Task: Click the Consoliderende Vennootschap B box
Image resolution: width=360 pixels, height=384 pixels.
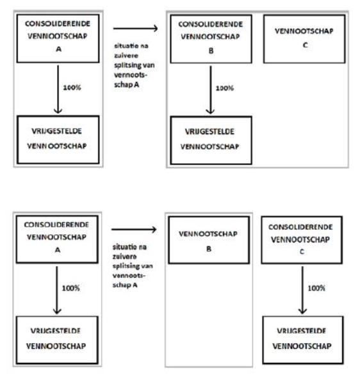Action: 211,39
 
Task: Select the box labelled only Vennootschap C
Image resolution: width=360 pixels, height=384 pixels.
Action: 304,39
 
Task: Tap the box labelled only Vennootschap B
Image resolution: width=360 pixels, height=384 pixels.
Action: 209,240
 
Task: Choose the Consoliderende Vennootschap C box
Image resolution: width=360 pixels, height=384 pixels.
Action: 302,240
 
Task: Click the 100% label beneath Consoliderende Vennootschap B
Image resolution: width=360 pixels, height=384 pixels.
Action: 224,88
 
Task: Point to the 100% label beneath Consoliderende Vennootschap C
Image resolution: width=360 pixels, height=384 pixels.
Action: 316,288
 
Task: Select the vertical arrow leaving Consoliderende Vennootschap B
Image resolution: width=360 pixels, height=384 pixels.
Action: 210,90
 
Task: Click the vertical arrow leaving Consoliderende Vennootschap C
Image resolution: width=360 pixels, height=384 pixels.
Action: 302,290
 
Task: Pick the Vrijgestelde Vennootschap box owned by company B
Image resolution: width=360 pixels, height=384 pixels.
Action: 211,140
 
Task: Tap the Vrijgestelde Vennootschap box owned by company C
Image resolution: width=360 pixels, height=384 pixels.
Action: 302,340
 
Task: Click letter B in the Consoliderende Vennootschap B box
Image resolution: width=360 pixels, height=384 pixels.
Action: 211,51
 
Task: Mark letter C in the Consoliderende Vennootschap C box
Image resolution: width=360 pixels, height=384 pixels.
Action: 302,252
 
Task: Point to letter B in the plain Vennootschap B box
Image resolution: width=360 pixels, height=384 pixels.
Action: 209,249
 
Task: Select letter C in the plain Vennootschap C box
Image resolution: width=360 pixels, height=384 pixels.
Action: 305,45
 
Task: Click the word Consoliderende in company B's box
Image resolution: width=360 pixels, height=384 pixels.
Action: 211,24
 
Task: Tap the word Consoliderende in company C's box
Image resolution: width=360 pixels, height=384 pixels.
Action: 300,227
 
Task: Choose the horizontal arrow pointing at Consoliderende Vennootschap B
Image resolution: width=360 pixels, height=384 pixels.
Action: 136,28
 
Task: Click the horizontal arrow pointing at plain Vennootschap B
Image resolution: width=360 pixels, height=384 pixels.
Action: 134,230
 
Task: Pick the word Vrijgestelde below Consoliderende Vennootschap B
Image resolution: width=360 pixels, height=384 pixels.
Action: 209,132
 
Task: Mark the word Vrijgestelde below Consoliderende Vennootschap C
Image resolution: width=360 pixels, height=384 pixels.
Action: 302,331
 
